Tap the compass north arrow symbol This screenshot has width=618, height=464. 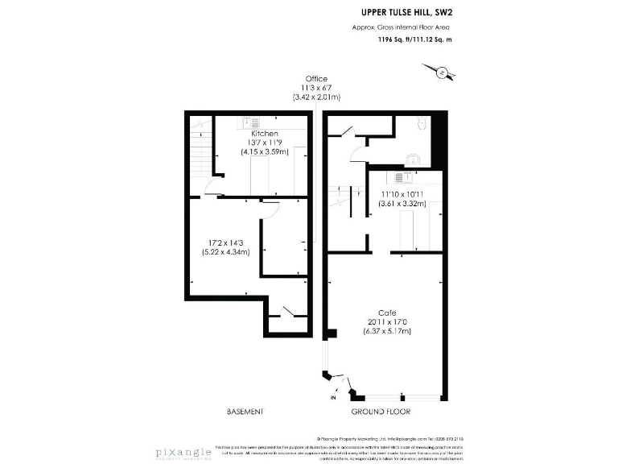[443, 73]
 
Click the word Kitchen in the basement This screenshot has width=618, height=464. [264, 133]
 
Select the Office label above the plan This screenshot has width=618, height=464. [316, 78]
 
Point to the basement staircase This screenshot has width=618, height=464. [198, 150]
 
